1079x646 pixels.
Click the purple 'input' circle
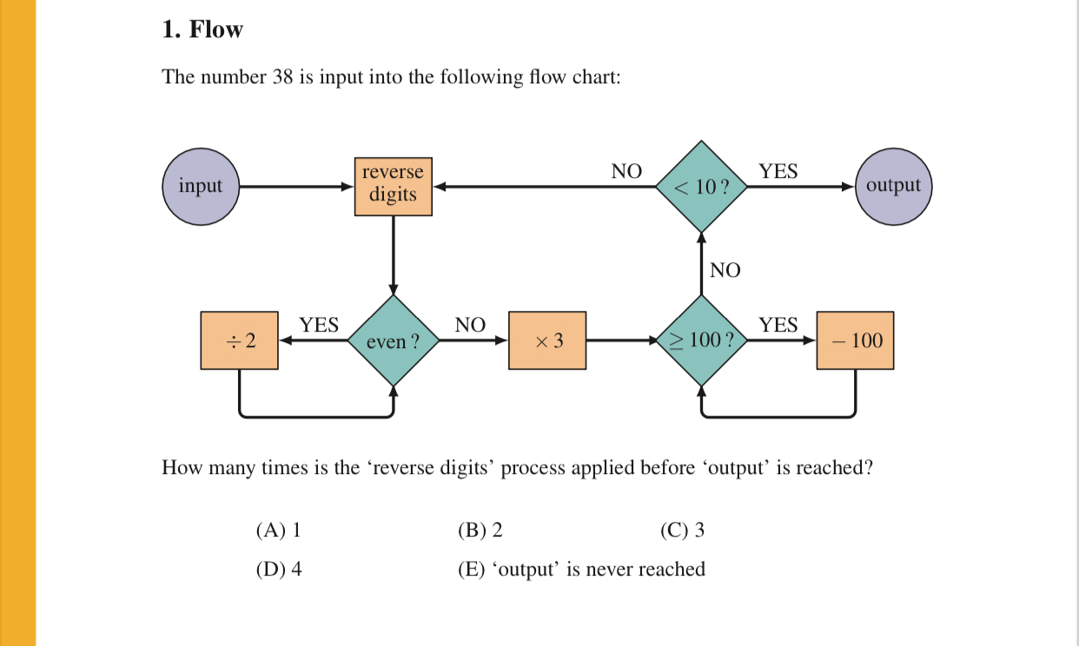[201, 186]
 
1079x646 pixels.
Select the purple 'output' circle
[893, 186]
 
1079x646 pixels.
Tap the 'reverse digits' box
[393, 185]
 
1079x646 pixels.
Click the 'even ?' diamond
[393, 341]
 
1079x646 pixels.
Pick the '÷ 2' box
[240, 341]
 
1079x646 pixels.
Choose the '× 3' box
[547, 341]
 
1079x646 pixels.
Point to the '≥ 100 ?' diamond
[702, 340]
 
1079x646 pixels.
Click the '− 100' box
[855, 341]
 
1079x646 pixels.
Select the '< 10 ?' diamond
[702, 186]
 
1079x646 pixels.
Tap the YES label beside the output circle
[778, 172]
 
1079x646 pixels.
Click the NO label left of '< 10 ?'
[626, 172]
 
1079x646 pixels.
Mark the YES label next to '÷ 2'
[319, 326]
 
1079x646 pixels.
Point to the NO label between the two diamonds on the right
[725, 271]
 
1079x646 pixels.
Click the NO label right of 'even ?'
[470, 326]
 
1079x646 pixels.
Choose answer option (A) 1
[278, 530]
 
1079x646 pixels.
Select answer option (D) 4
[279, 570]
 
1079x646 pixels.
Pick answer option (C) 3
[682, 530]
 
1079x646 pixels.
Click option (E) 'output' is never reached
[581, 570]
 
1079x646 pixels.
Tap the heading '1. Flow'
[202, 30]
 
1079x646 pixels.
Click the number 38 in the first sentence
[282, 77]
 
